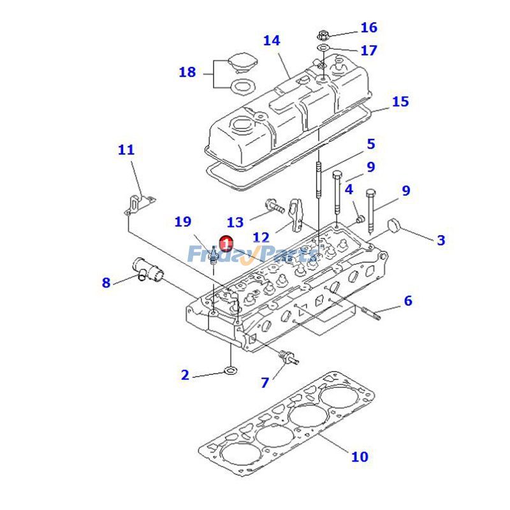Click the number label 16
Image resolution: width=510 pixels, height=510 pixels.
368,27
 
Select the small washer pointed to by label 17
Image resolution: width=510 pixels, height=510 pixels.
324,48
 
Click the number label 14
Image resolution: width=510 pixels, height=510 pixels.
272,41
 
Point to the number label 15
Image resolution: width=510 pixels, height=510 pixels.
400,101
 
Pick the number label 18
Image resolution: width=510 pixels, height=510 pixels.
187,72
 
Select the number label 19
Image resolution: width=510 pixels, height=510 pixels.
183,222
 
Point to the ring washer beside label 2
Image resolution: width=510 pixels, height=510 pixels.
231,370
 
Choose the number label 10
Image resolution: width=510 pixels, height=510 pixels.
360,456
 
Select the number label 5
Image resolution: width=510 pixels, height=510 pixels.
370,144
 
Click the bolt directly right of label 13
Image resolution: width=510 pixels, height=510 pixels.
273,206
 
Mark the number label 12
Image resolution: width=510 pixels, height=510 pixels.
261,238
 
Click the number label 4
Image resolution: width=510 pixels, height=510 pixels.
349,189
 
